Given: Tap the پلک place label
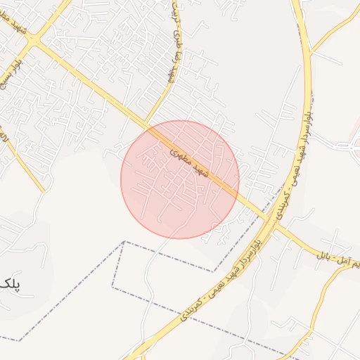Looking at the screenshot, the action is pyautogui.click(x=7, y=283).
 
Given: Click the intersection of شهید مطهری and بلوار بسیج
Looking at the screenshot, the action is pyautogui.click(x=34, y=43).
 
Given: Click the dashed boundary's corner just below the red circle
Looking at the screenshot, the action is pyautogui.click(x=124, y=242).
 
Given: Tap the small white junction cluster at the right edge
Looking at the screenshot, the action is pyautogui.click(x=349, y=146).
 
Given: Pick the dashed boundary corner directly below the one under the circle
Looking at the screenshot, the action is pyautogui.click(x=112, y=286).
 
